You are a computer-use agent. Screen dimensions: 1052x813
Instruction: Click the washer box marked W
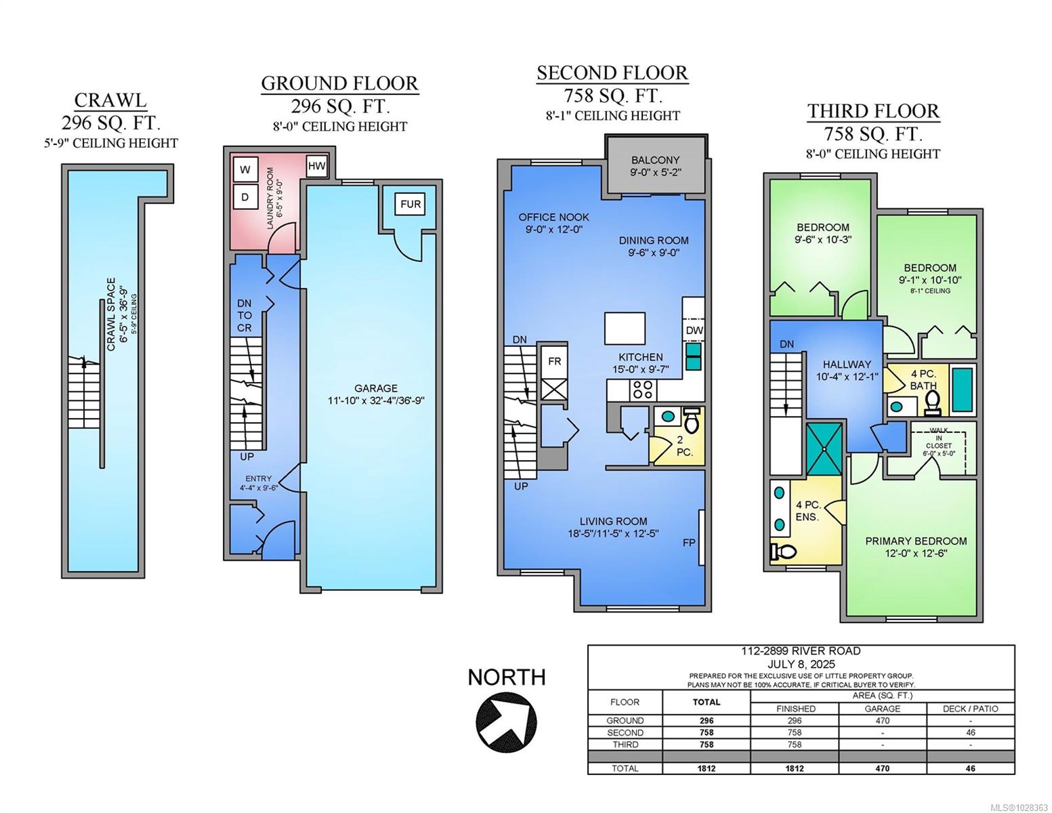click(245, 169)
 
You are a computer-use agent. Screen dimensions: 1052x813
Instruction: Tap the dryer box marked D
click(245, 196)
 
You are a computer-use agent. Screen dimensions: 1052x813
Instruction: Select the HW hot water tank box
click(316, 166)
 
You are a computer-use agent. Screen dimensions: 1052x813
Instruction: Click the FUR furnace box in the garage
click(411, 204)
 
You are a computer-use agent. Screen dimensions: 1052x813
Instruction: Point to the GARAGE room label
click(376, 388)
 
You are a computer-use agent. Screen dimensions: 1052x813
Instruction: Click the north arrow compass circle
click(506, 719)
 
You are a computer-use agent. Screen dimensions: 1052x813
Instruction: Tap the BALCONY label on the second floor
click(655, 160)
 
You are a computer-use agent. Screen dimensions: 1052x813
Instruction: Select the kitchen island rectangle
click(625, 328)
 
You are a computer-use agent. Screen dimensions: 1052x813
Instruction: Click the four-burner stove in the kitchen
click(643, 390)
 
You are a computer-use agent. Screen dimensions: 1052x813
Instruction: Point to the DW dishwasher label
click(694, 330)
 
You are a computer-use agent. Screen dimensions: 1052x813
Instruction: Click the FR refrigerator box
click(554, 361)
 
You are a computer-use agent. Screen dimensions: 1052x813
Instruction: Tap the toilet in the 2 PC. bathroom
click(692, 420)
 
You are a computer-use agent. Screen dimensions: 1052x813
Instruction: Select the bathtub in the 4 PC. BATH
click(963, 390)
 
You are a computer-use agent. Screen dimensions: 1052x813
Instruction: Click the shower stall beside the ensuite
click(824, 449)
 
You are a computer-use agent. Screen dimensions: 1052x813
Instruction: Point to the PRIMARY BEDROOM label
click(916, 541)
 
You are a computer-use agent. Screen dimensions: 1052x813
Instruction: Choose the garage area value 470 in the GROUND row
click(883, 720)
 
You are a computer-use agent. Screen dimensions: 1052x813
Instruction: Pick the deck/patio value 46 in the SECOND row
click(970, 732)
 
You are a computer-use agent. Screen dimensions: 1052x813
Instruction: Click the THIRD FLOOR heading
click(873, 111)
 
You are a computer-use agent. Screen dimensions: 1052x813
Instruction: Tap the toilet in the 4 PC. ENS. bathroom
click(783, 551)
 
